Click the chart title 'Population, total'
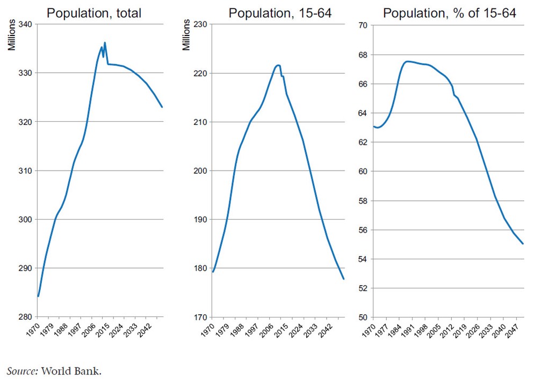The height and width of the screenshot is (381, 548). (94, 13)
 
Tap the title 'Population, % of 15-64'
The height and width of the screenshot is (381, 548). (450, 13)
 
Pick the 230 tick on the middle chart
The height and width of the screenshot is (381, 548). (200, 24)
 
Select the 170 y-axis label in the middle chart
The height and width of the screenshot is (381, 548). (200, 317)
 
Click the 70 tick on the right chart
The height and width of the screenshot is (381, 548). (364, 24)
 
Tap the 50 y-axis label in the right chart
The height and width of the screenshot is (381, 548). (364, 317)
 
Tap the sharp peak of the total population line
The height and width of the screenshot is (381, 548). (105, 43)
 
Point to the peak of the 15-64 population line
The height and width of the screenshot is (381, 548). (278, 65)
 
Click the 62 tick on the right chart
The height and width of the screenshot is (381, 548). (364, 142)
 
